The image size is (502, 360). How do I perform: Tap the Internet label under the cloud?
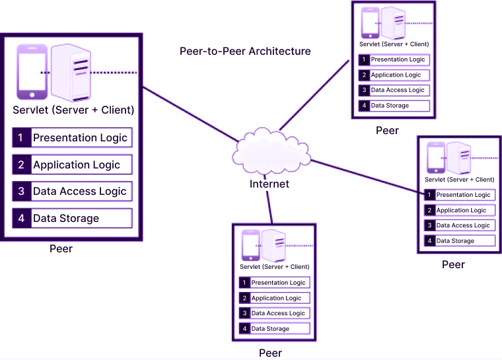pyautogui.click(x=269, y=184)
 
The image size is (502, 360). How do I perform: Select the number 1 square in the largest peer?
pyautogui.click(x=21, y=137)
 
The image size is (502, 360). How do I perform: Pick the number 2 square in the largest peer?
pyautogui.click(x=21, y=164)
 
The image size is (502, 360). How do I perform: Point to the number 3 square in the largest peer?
pyautogui.click(x=21, y=192)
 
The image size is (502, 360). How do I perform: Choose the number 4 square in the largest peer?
pyautogui.click(x=21, y=219)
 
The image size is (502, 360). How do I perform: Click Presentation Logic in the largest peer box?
pyautogui.click(x=80, y=137)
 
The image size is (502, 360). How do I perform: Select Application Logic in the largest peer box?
pyautogui.click(x=77, y=164)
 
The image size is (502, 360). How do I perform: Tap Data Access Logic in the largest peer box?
pyautogui.click(x=79, y=192)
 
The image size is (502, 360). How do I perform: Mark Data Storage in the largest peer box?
pyautogui.click(x=66, y=219)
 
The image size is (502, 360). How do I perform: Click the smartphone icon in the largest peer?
pyautogui.click(x=32, y=71)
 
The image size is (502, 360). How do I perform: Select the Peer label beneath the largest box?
pyautogui.click(x=61, y=249)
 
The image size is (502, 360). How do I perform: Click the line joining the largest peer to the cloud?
pyautogui.click(x=188, y=112)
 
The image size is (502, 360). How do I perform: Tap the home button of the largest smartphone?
pyautogui.click(x=32, y=95)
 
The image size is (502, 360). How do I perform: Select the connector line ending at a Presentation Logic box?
pyautogui.click(x=370, y=175)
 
